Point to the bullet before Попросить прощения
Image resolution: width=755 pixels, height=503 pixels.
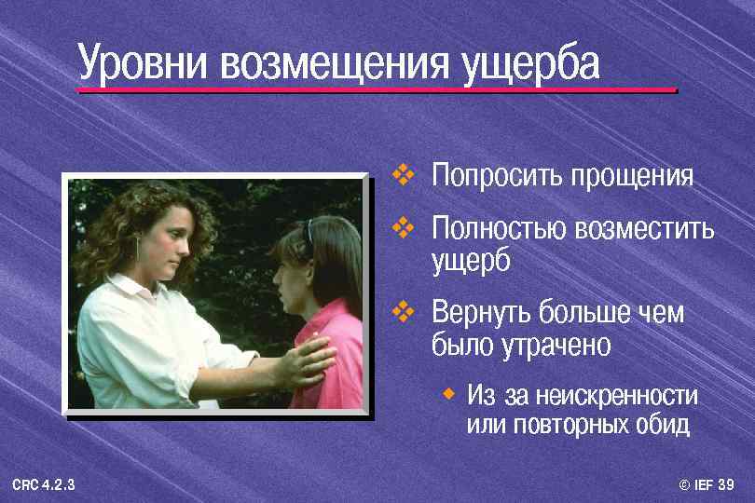pos(403,174)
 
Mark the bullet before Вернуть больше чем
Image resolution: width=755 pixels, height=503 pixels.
pos(403,312)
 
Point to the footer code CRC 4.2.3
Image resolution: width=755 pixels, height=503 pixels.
pos(44,484)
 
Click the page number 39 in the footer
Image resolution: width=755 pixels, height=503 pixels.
pos(727,484)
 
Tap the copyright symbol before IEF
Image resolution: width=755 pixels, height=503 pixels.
pos(685,484)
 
